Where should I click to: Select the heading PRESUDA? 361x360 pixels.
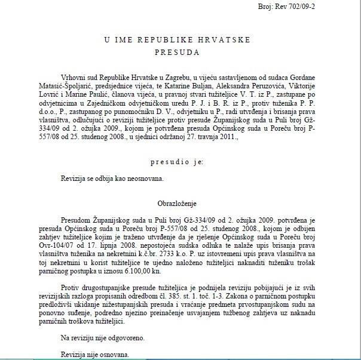pos(180,52)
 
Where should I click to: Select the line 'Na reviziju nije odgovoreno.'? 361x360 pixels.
pos(103,338)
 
